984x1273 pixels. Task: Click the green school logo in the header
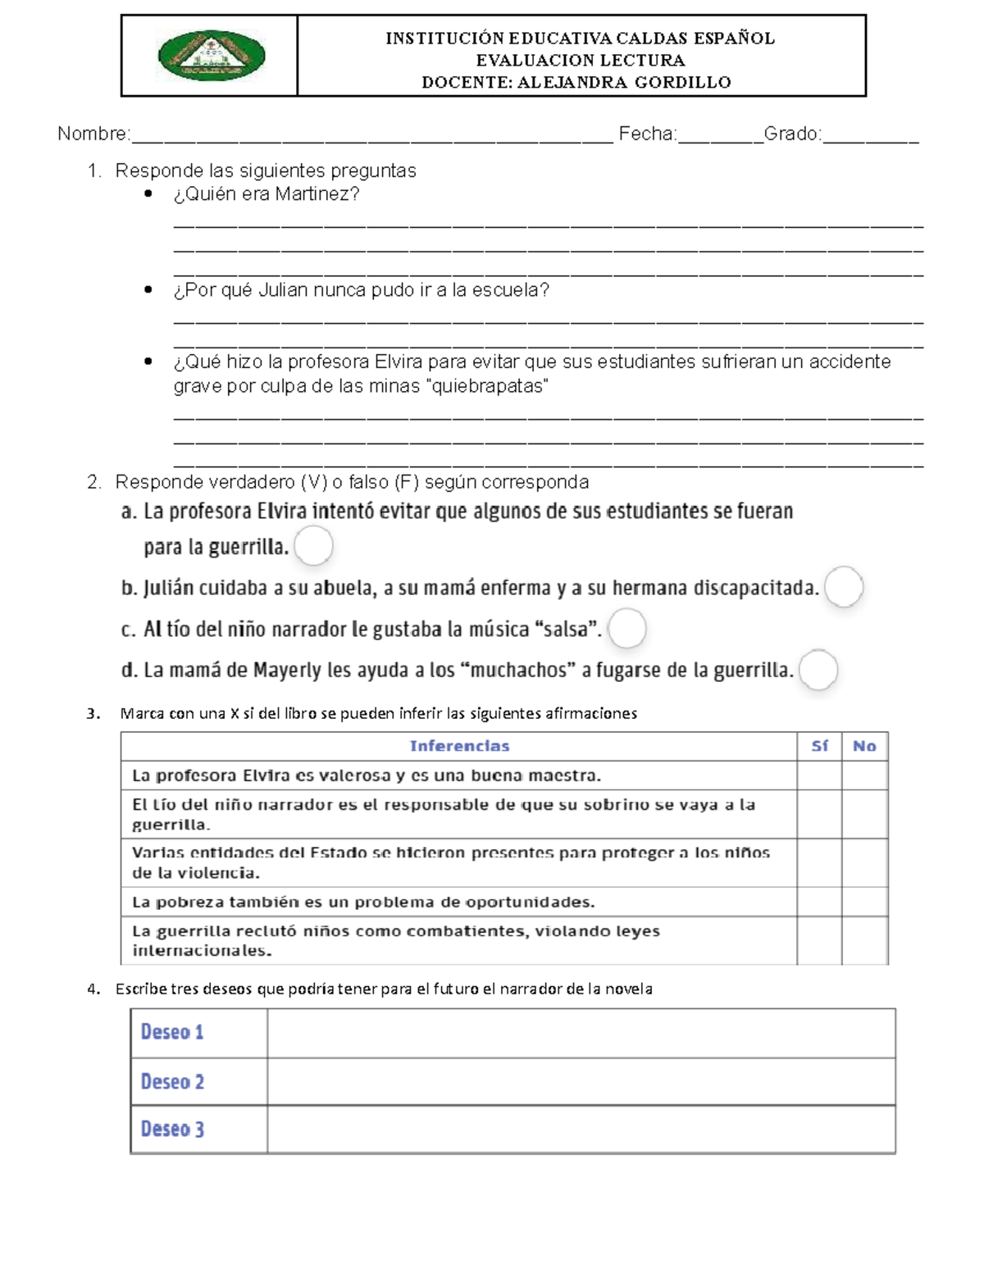point(211,56)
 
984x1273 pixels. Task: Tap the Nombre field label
point(93,134)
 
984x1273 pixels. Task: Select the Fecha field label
point(647,134)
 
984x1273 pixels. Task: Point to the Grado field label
point(792,134)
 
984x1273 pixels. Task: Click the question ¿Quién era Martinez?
point(266,194)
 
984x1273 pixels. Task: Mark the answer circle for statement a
point(313,546)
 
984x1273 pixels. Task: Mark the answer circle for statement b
point(844,588)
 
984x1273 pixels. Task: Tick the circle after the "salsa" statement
point(627,629)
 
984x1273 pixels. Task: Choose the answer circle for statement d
point(818,671)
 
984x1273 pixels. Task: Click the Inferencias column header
point(459,746)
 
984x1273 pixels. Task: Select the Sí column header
point(819,746)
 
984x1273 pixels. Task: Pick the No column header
point(864,746)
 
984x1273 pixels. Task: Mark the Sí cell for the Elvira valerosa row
point(819,775)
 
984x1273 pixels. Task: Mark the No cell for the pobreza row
point(864,902)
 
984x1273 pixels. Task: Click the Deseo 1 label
point(172,1032)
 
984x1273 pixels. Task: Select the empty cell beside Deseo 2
point(581,1081)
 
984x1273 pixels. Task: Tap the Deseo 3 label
point(172,1129)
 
